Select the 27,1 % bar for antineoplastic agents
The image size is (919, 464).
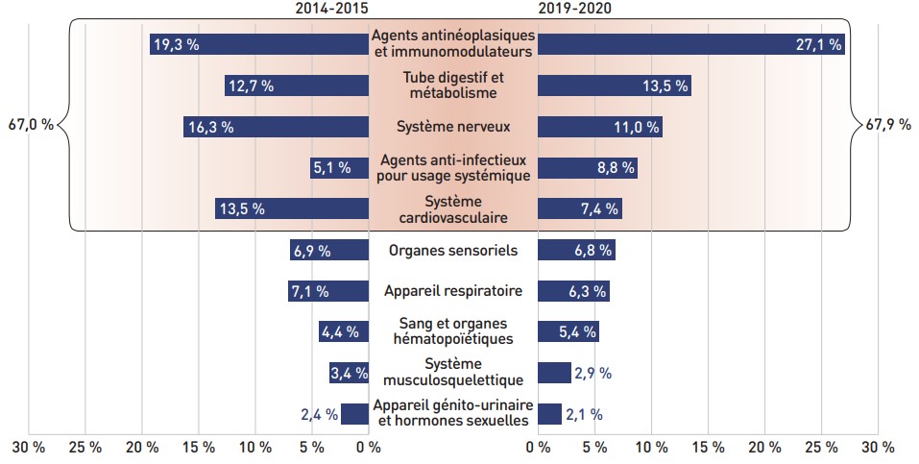click(690, 44)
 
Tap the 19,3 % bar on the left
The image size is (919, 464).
click(259, 44)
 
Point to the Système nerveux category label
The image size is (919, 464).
click(453, 126)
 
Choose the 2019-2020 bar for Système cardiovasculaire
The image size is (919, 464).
click(579, 208)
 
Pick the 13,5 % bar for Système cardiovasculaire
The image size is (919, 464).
click(292, 208)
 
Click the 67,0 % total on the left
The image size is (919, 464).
click(30, 124)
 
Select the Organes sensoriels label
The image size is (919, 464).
click(453, 251)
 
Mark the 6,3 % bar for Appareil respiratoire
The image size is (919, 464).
click(573, 291)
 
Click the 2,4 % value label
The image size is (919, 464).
click(319, 415)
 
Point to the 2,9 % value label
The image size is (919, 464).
click(593, 373)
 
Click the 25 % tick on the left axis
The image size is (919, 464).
click(85, 448)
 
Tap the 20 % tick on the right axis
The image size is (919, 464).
click(764, 448)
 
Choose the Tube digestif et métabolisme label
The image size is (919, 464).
click(453, 85)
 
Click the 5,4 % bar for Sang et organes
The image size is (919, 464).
click(568, 332)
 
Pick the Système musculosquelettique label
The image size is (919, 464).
click(453, 372)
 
